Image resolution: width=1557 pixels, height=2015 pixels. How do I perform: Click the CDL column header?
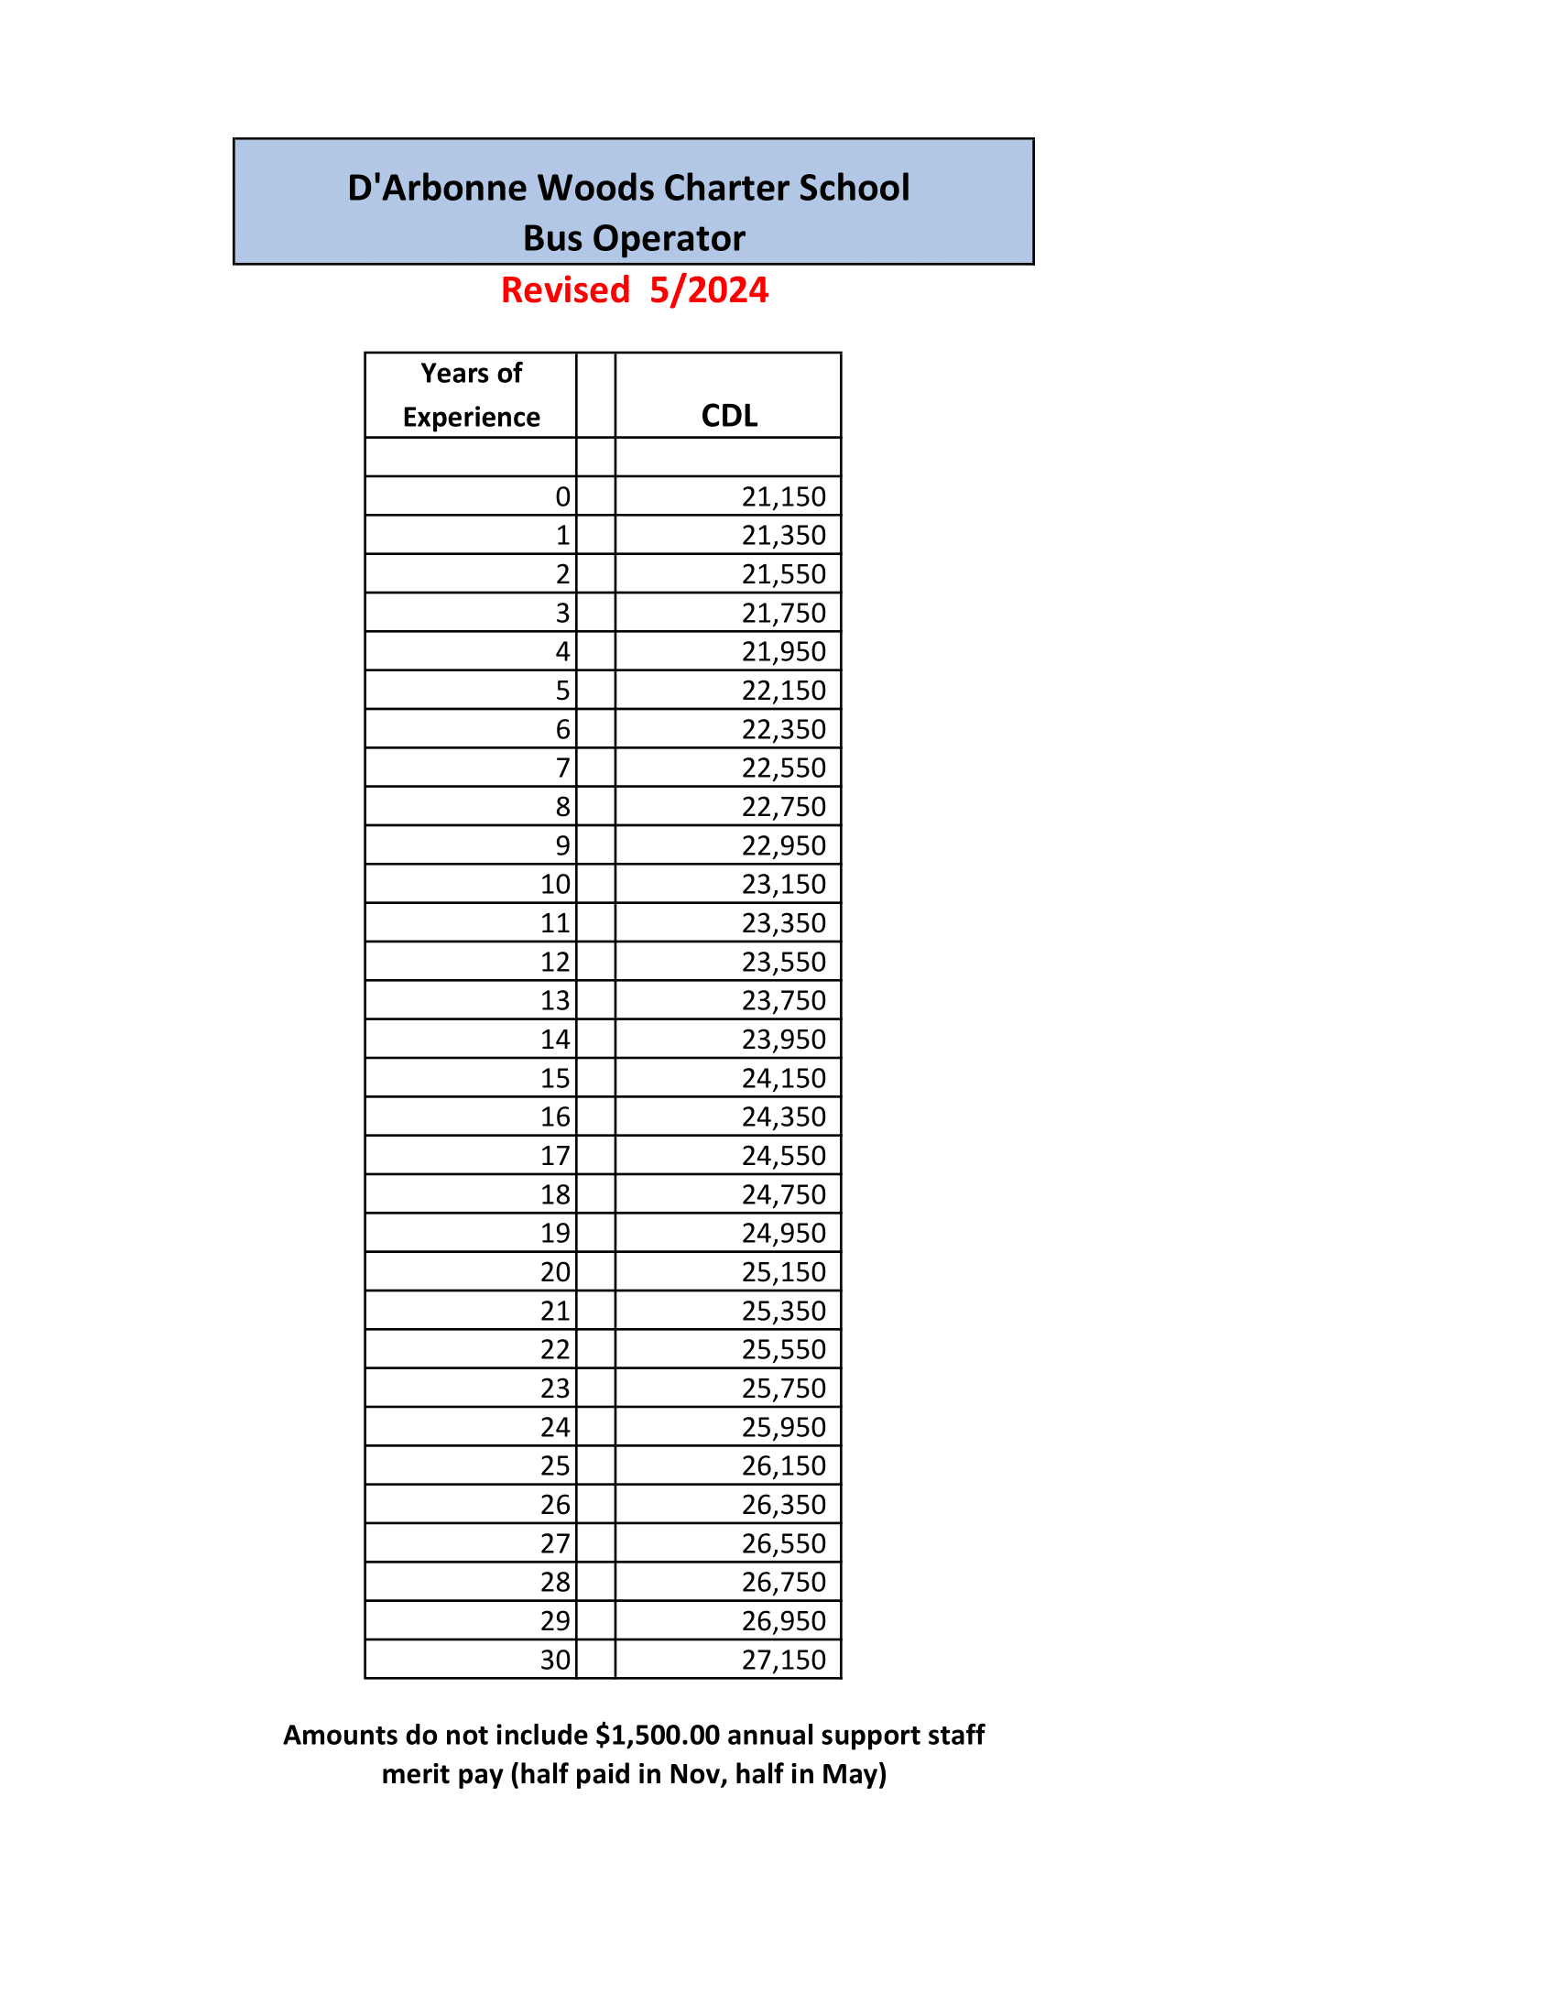729,415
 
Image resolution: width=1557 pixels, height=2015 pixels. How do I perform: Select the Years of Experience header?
472,395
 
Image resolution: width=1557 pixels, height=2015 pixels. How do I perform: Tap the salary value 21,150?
783,496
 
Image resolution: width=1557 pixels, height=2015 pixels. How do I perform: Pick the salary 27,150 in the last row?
783,1660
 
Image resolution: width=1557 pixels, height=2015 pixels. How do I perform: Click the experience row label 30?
555,1660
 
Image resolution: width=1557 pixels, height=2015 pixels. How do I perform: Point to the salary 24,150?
783,1078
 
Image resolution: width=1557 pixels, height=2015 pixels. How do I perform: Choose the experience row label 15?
555,1078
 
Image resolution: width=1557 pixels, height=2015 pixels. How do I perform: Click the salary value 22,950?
783,845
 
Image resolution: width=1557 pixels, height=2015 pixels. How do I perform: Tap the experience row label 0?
562,496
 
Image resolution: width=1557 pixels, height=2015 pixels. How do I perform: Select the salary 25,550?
783,1349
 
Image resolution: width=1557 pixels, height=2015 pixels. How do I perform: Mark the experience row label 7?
562,768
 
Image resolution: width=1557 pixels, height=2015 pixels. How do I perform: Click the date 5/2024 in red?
708,290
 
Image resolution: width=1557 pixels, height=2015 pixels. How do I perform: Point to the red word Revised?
564,290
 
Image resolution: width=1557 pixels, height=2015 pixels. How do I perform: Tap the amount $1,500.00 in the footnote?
657,1736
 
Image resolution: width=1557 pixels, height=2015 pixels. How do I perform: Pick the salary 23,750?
783,1000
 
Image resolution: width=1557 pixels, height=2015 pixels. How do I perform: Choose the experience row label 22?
555,1349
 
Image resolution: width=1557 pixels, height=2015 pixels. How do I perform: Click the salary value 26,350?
783,1505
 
